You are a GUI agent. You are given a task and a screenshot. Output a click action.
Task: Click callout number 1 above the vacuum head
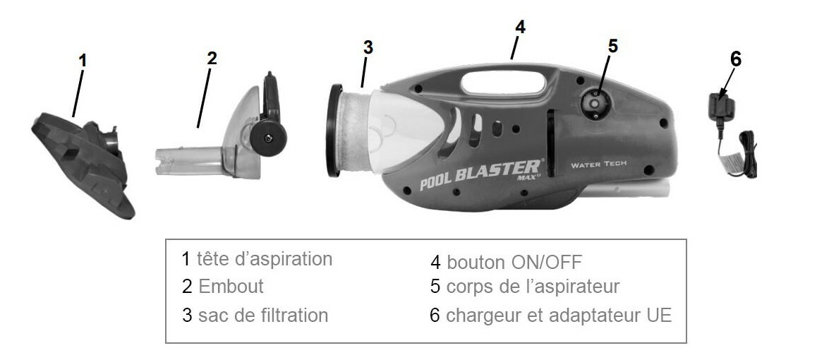click(83, 61)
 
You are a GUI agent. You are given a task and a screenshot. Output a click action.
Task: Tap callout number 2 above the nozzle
click(212, 59)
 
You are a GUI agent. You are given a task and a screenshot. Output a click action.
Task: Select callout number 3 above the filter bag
click(368, 47)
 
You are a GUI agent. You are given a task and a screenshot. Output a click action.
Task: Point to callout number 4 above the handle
click(519, 27)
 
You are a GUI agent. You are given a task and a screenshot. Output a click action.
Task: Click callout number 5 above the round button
click(612, 46)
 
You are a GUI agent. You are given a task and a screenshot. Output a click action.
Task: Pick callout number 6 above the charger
click(735, 59)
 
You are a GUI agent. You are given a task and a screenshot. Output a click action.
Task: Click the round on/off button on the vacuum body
click(594, 104)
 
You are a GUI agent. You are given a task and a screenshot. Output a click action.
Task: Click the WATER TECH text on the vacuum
click(599, 164)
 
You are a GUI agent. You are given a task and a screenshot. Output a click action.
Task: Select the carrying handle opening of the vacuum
click(503, 83)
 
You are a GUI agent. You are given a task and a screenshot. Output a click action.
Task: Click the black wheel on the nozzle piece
click(268, 138)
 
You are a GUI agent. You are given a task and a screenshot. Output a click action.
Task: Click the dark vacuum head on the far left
click(83, 162)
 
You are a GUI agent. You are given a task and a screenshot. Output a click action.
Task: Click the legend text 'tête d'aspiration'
click(264, 259)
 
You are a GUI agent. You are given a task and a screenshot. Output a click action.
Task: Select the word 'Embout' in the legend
click(231, 287)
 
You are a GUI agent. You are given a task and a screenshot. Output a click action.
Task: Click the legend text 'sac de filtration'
click(263, 316)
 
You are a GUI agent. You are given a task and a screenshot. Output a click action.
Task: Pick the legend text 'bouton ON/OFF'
click(514, 262)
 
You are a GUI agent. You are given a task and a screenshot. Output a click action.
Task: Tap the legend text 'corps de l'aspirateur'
click(533, 287)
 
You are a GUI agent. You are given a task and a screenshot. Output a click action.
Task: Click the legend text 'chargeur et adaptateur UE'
click(559, 316)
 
